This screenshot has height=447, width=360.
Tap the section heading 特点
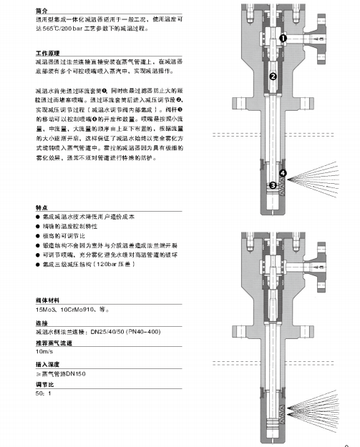coord(42,205)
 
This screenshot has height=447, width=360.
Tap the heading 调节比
coord(44,385)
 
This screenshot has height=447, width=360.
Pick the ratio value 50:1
coord(44,395)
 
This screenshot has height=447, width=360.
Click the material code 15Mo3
coord(47,311)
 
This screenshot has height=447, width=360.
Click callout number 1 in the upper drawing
coord(283,37)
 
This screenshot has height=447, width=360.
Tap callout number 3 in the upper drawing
coord(273,185)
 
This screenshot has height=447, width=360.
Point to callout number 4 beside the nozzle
coord(283,174)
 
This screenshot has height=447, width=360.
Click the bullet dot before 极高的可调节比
coord(38,235)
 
